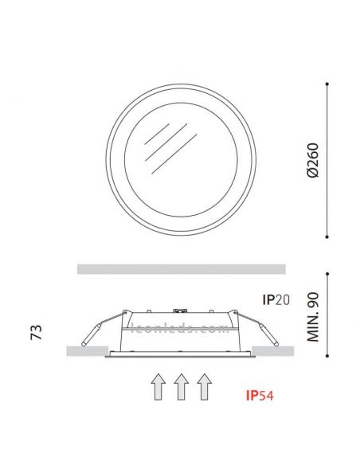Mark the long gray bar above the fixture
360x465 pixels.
181,269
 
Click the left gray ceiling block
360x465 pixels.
85,350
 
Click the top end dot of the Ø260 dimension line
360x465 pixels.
328,83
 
